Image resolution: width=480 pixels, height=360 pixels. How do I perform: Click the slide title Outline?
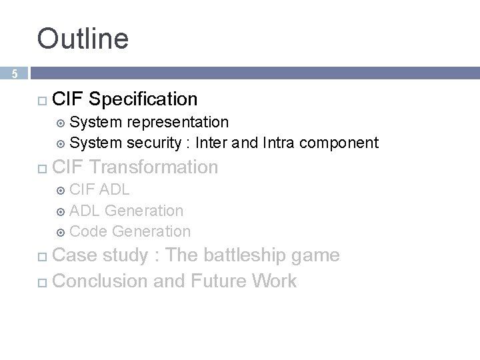[x=83, y=39]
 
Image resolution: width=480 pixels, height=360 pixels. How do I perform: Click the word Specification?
[x=143, y=99]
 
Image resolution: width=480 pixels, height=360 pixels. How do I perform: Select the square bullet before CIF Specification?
[x=42, y=100]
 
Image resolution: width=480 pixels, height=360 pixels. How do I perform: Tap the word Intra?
[x=279, y=143]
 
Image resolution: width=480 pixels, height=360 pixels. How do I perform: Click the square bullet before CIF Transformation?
[x=42, y=168]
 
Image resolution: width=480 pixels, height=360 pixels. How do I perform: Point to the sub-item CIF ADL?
[x=99, y=189]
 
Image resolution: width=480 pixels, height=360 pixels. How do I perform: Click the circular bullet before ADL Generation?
[x=61, y=211]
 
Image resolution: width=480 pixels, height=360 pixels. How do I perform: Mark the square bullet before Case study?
[x=42, y=257]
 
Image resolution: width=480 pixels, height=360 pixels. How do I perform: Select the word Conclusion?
[x=100, y=281]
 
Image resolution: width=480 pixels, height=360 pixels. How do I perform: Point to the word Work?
[x=275, y=281]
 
